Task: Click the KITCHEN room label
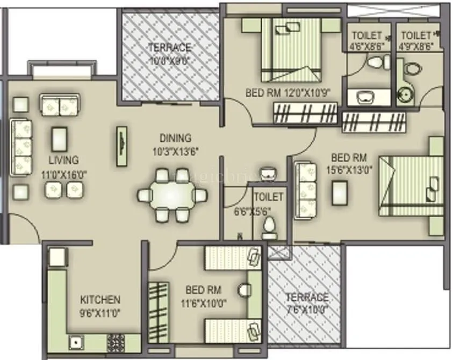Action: [x=100, y=299]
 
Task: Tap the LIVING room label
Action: [x=63, y=160]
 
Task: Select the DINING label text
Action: [x=175, y=138]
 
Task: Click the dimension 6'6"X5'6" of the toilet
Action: [x=252, y=211]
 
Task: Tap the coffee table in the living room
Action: [x=59, y=139]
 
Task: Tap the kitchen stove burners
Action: [x=116, y=342]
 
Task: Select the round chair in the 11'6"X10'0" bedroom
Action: [x=245, y=291]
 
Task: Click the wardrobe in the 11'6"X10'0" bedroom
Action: [x=158, y=312]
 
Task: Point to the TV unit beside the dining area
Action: [x=122, y=146]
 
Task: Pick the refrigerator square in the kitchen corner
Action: [x=56, y=257]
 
